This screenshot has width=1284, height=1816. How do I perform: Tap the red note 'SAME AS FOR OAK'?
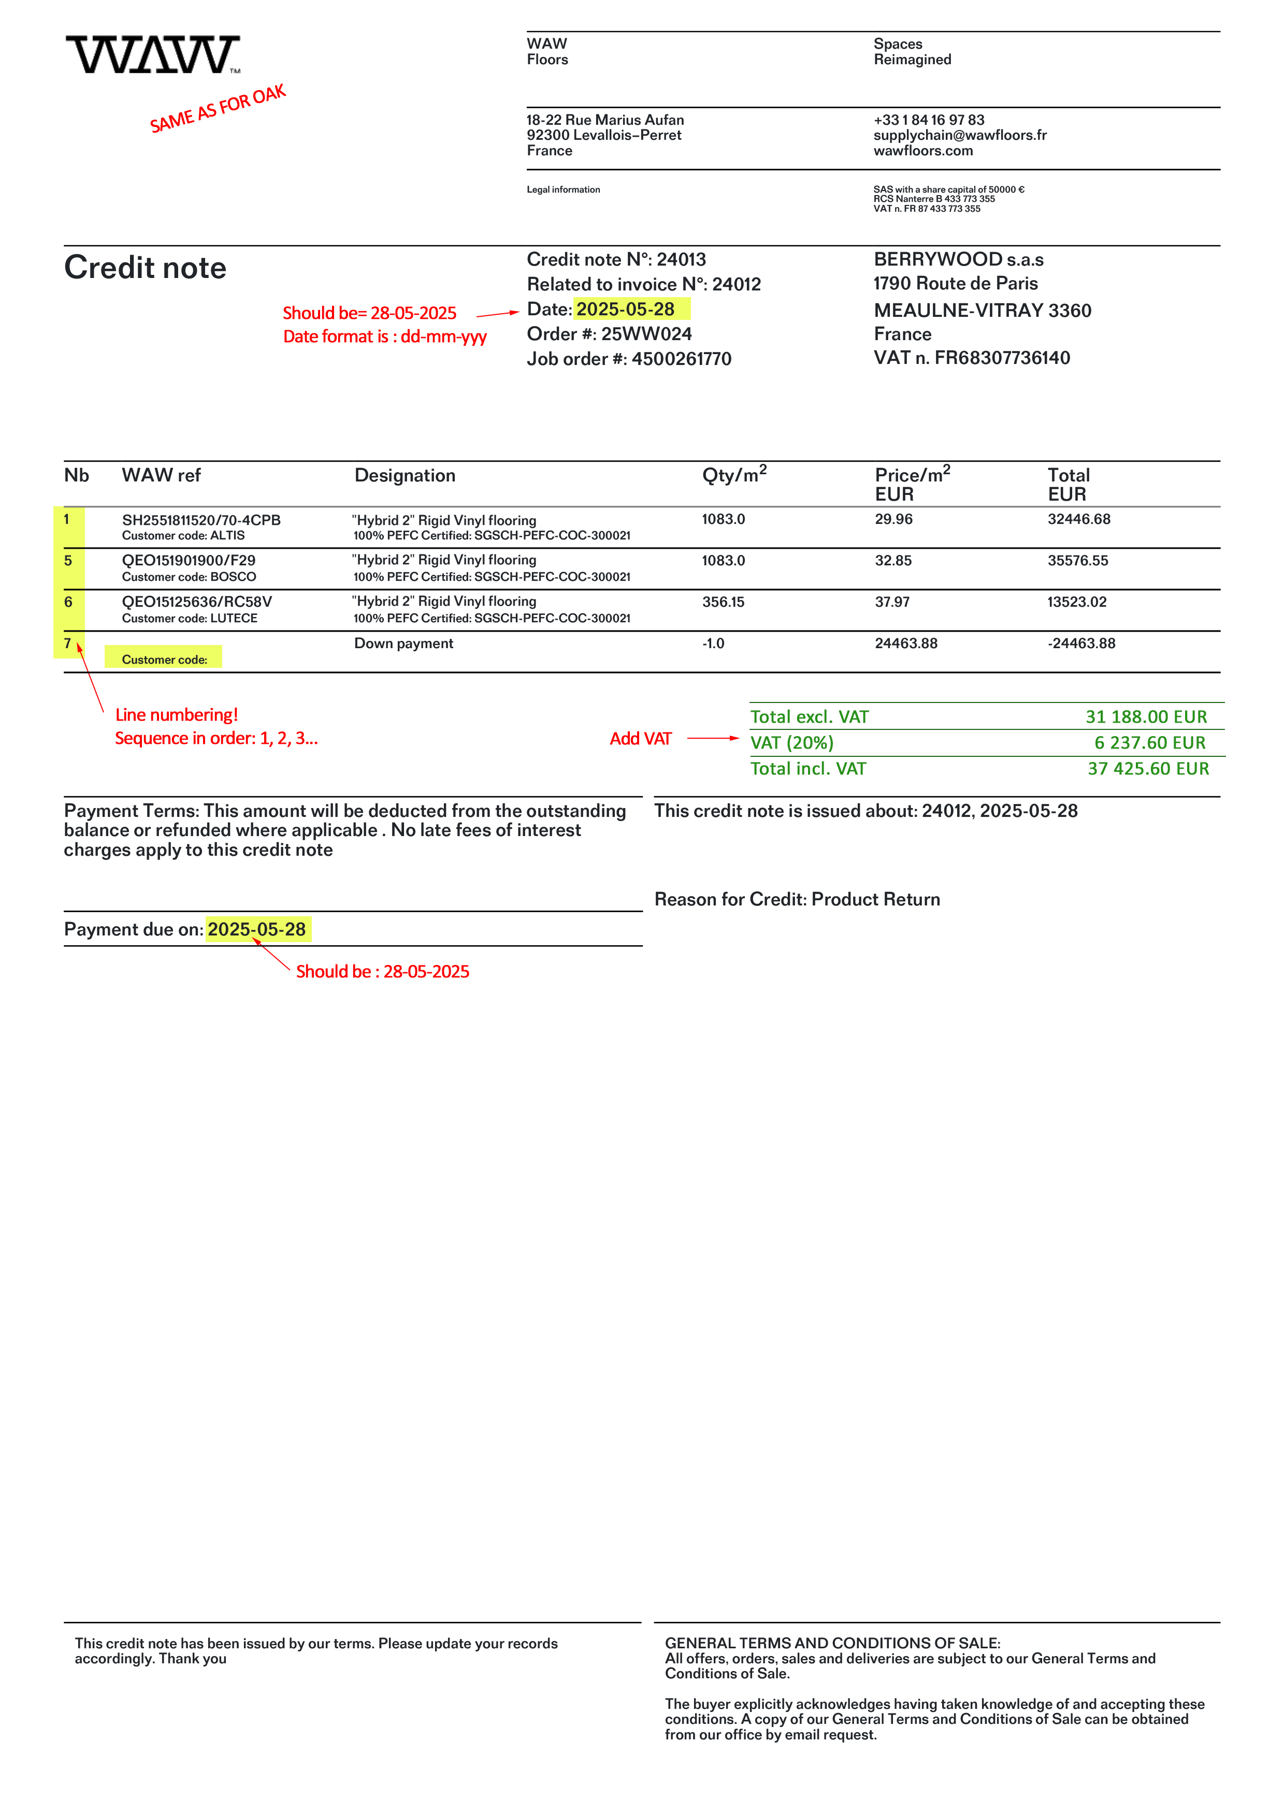218,109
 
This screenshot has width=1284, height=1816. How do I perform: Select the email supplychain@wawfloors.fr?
960,135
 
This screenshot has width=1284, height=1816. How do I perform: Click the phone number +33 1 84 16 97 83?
929,120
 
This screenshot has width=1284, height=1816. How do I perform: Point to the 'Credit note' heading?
146,268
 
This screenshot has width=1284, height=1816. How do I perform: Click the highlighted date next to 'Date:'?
626,309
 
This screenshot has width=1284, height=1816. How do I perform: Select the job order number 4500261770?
681,359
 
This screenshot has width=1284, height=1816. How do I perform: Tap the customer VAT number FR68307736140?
1002,358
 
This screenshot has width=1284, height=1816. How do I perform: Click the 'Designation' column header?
405,475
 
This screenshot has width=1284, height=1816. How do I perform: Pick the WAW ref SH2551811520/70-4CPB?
201,520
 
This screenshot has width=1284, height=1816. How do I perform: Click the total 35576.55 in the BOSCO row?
1077,561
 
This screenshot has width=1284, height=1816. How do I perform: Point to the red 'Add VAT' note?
640,739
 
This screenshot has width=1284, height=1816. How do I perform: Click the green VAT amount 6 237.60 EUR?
1149,743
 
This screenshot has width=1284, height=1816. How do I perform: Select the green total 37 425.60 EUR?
1148,769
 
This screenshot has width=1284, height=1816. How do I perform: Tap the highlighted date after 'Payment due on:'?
257,929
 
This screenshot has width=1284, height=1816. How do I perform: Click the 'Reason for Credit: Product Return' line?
797,899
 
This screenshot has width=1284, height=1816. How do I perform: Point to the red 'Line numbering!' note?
177,715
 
